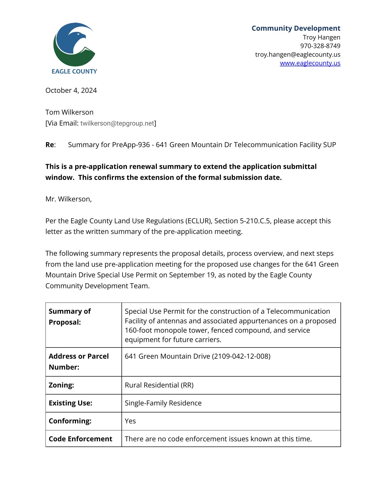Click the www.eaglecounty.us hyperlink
click(x=310, y=63)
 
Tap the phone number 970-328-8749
click(x=320, y=46)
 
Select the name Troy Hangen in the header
click(x=321, y=37)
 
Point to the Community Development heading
click(x=296, y=28)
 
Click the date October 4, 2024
click(x=71, y=90)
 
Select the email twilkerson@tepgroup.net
click(x=117, y=123)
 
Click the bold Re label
click(x=50, y=145)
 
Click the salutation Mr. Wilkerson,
click(x=68, y=199)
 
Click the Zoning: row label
click(x=61, y=385)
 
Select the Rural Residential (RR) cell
click(x=159, y=385)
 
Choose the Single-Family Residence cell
click(x=163, y=403)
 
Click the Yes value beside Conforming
click(x=130, y=421)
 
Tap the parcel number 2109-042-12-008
click(x=241, y=356)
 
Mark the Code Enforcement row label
click(x=80, y=439)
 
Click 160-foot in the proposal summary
click(x=138, y=330)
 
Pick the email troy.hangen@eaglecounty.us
click(x=298, y=55)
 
